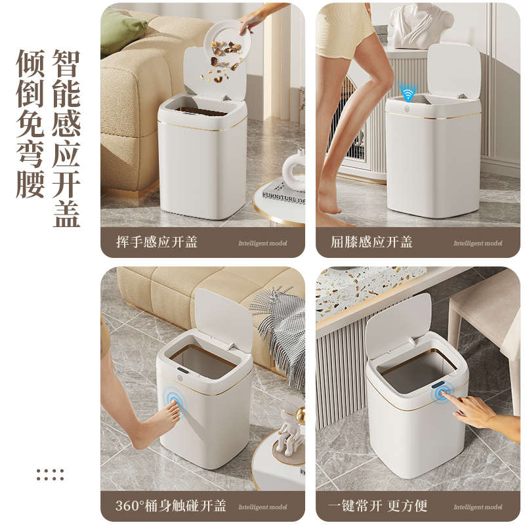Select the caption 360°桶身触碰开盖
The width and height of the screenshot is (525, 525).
coord(171,505)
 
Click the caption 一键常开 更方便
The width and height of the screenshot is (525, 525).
coord(377,505)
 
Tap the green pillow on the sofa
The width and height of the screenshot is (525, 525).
coord(123,31)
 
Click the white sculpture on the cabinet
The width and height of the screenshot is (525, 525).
coord(419,25)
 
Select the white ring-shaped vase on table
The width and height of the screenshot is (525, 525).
coord(294,171)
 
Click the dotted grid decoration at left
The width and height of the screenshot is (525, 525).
coord(50,474)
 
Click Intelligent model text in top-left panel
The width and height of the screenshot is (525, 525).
coord(262,243)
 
